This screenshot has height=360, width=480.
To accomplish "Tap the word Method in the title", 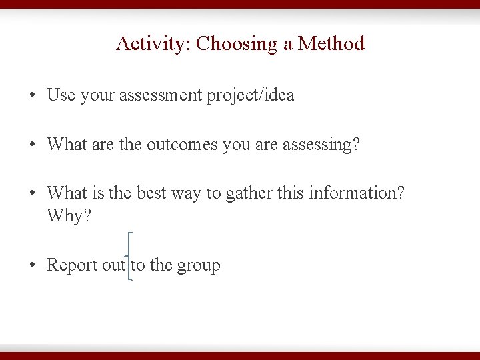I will coord(331,44).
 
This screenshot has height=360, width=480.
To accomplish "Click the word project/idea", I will coord(251,96).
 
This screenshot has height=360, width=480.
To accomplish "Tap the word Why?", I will coord(69,217).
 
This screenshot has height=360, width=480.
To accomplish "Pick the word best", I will coord(151,193).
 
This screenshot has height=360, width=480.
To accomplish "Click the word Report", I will coord(72,265).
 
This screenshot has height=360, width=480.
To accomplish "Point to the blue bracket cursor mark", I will coord(129,256).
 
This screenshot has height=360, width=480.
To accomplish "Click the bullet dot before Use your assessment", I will coord(32,96).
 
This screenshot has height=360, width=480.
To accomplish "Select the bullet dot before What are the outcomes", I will coord(32,145).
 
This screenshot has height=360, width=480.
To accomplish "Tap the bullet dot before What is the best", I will coord(32,194).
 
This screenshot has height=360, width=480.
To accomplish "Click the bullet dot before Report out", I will coord(32,266).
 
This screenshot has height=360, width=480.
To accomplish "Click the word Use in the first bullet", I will coord(61,95).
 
